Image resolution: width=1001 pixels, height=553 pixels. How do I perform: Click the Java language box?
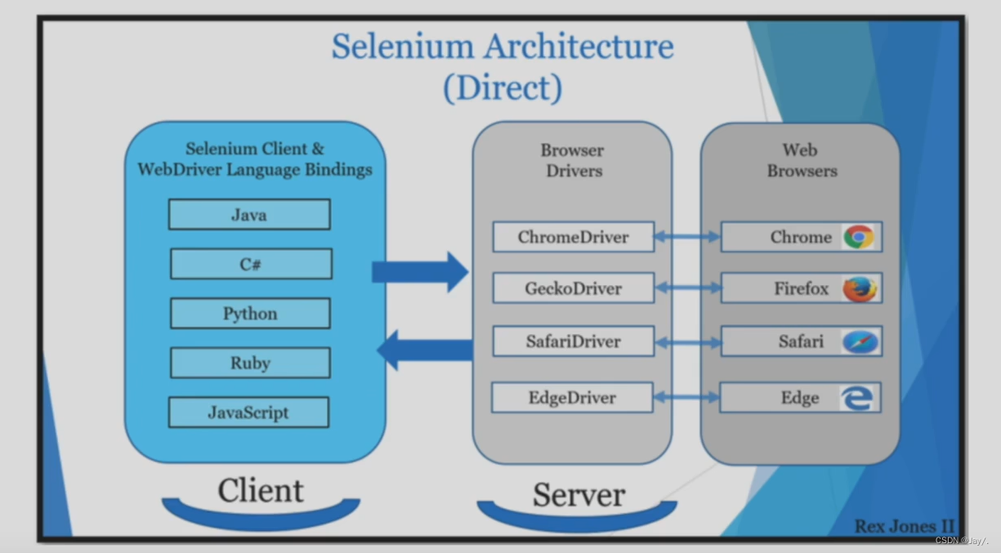(249, 215)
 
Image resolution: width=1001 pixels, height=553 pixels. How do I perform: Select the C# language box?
(251, 265)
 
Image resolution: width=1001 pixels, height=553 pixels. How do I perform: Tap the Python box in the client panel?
(250, 314)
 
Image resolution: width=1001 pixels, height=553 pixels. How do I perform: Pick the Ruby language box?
(250, 363)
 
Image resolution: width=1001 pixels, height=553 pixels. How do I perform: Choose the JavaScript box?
(248, 413)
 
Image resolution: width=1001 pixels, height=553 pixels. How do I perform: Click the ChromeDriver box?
(573, 238)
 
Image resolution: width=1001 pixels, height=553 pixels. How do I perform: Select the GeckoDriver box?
(573, 288)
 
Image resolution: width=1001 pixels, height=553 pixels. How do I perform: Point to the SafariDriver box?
(573, 341)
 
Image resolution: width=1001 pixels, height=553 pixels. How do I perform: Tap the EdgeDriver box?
(572, 398)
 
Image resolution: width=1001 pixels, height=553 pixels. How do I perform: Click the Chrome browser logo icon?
(859, 237)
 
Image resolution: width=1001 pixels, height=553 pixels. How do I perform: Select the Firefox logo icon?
(859, 288)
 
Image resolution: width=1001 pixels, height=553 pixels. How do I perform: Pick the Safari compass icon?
(860, 341)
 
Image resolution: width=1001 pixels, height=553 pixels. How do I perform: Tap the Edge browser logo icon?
(857, 398)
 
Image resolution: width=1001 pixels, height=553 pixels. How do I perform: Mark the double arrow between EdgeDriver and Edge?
(686, 398)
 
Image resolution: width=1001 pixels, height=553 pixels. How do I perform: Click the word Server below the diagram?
(579, 495)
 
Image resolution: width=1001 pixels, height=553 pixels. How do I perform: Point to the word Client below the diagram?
(260, 490)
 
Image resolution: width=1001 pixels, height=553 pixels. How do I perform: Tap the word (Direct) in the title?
(503, 87)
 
